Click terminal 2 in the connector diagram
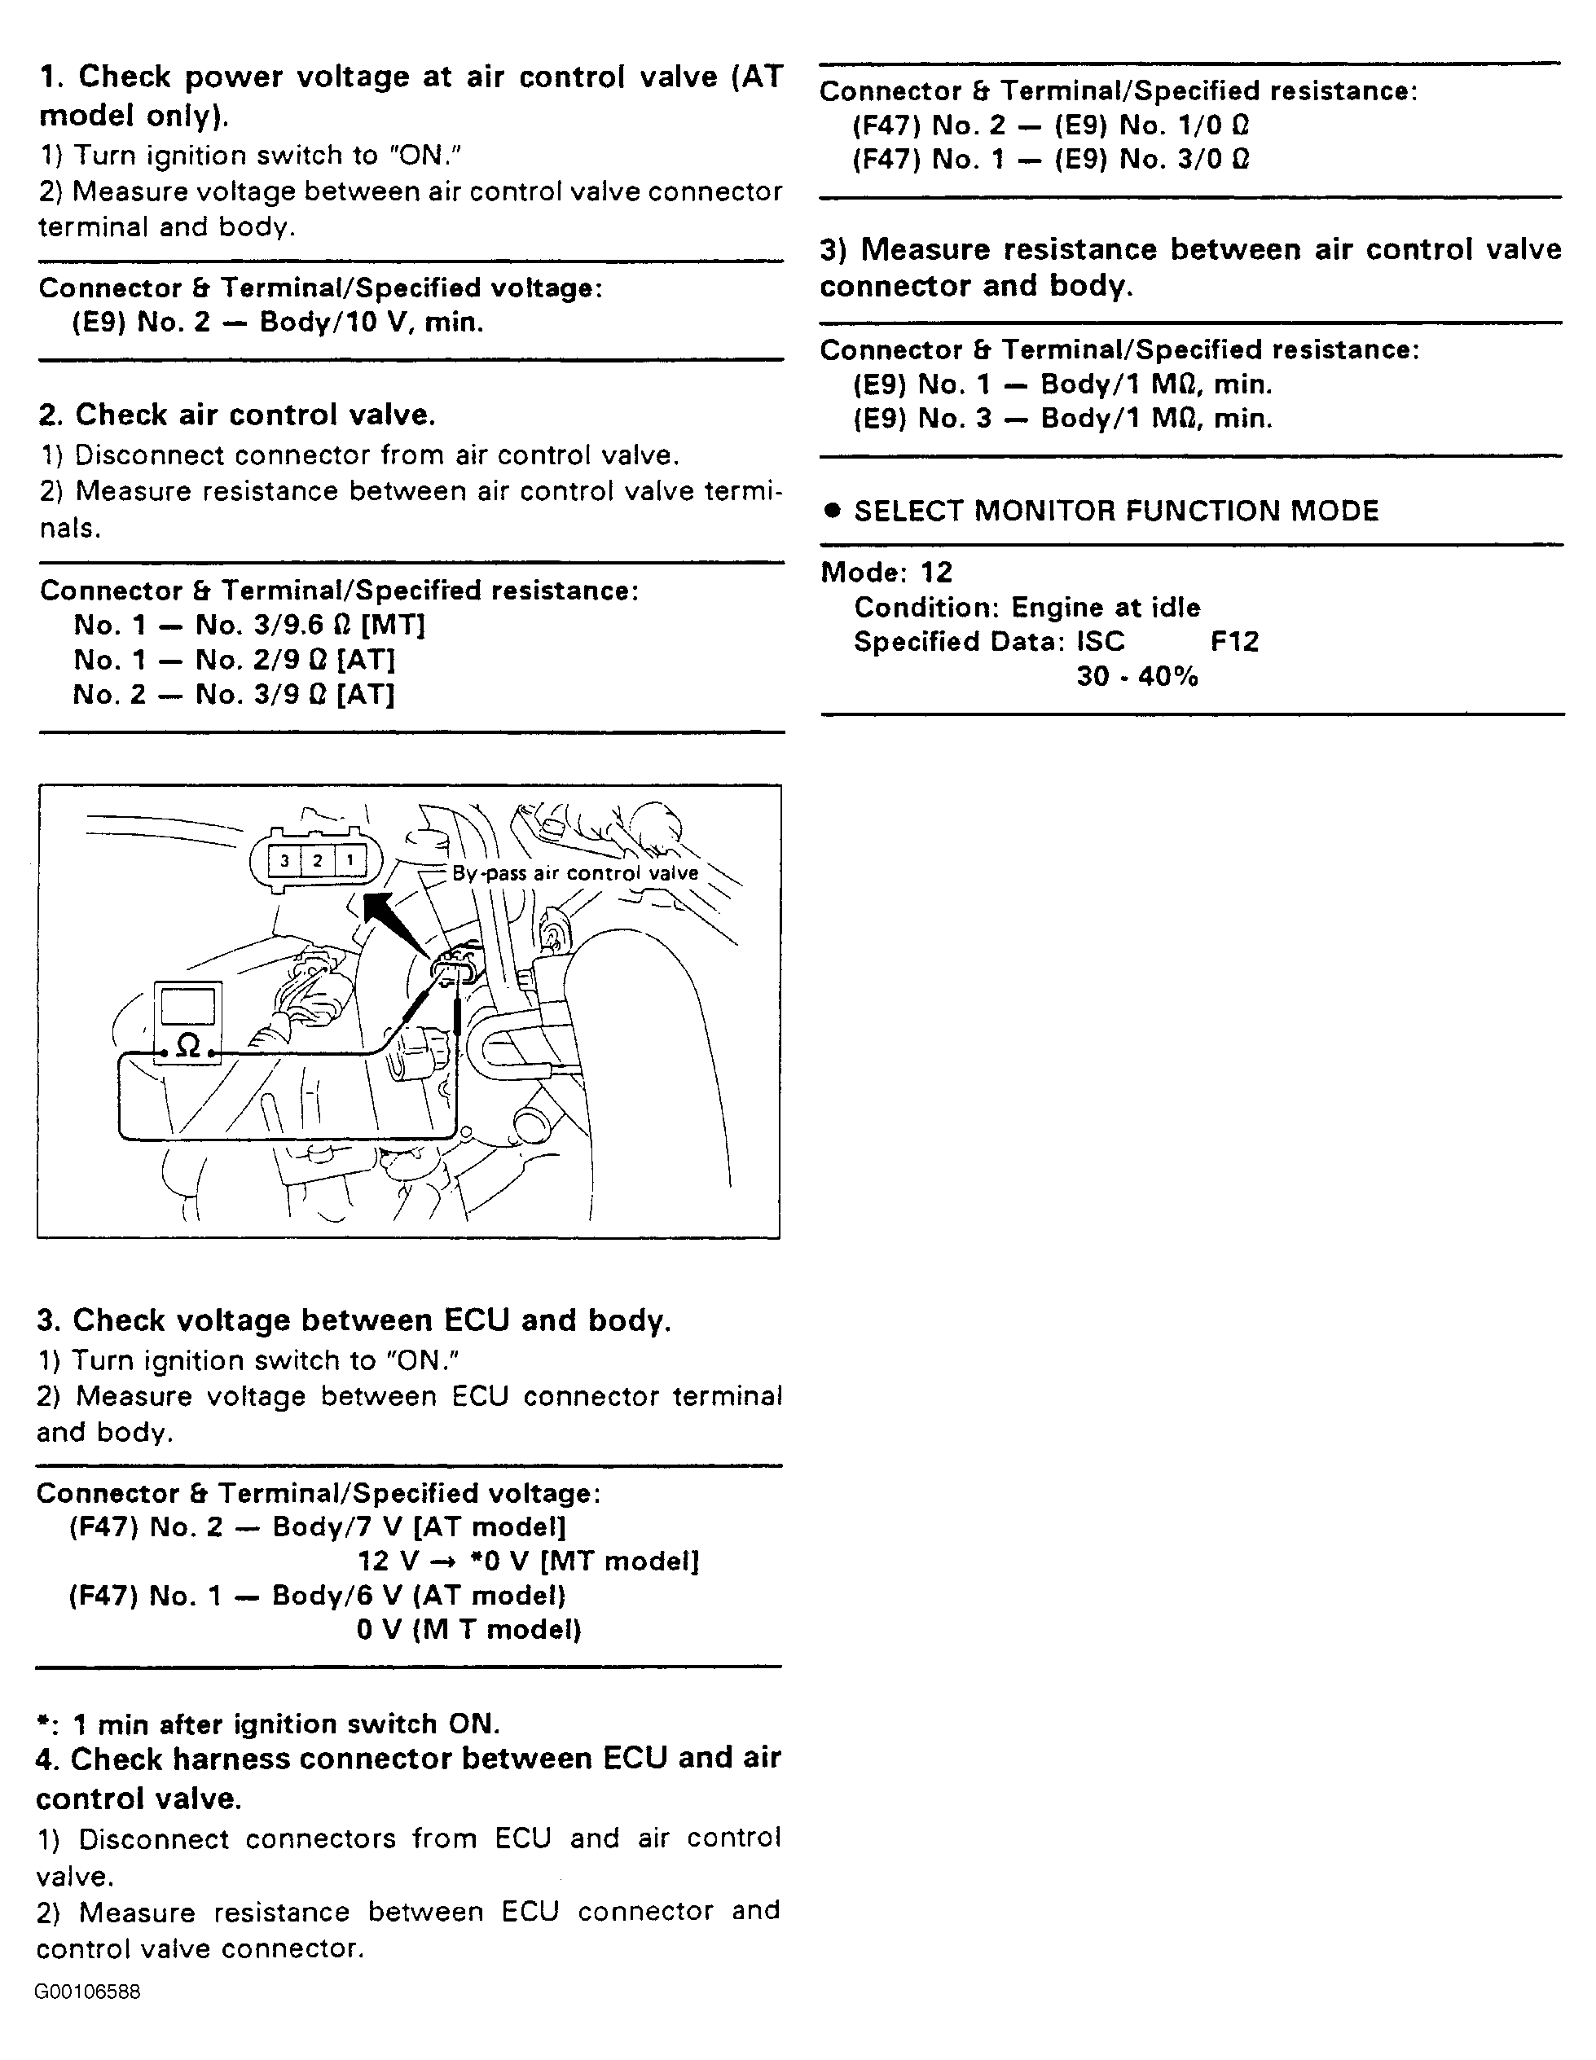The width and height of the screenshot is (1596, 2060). [317, 860]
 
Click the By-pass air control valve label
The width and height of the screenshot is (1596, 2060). [575, 873]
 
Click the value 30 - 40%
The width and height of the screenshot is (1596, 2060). [1137, 676]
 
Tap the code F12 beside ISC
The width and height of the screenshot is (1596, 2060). [1233, 641]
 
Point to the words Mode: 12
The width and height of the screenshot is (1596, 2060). [886, 572]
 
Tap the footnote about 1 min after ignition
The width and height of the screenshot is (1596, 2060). [268, 1724]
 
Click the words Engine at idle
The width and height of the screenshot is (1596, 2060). [1106, 607]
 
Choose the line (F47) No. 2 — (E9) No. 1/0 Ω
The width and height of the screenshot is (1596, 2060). [1051, 125]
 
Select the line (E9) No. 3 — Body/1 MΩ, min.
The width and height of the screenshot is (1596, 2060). [1062, 418]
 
